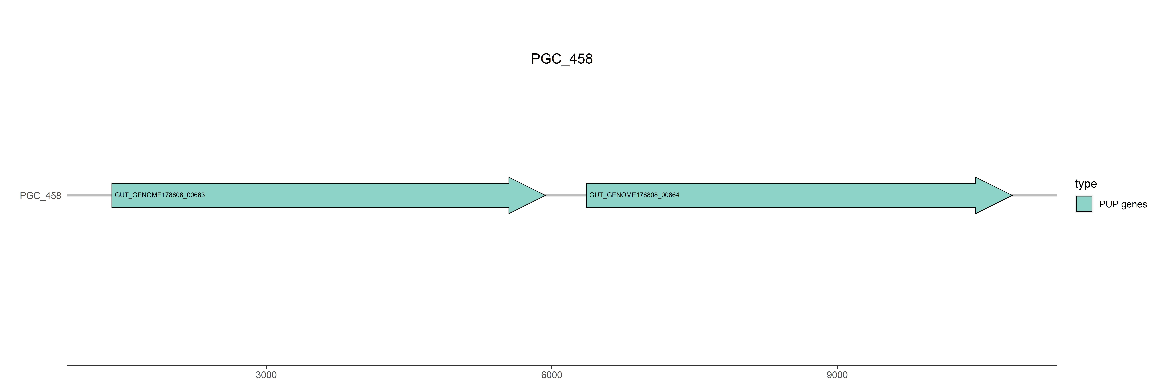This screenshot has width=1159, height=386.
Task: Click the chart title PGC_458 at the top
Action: (561, 59)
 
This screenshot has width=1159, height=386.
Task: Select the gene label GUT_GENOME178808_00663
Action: (160, 195)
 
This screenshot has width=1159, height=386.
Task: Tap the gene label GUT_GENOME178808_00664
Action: (634, 195)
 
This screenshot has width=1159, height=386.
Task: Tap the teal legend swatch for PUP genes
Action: (1084, 204)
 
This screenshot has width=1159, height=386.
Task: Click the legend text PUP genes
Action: (1123, 204)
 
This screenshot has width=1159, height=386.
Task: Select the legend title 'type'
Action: (1086, 184)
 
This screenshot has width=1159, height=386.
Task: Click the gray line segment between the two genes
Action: (566, 195)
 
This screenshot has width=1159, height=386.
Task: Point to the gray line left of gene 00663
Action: (89, 195)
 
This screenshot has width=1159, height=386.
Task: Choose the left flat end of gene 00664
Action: (587, 195)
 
